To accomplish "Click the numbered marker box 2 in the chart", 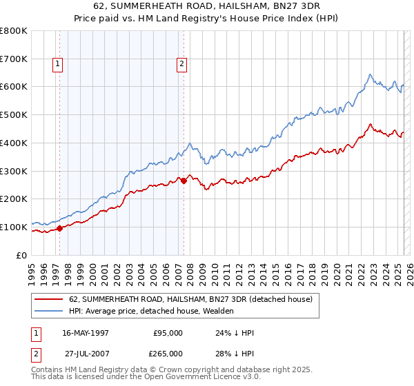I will [181, 65].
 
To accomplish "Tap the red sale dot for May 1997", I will [60, 228].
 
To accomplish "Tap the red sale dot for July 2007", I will [184, 181].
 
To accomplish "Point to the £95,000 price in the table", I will [167, 333].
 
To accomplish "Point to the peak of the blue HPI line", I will [370, 74].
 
